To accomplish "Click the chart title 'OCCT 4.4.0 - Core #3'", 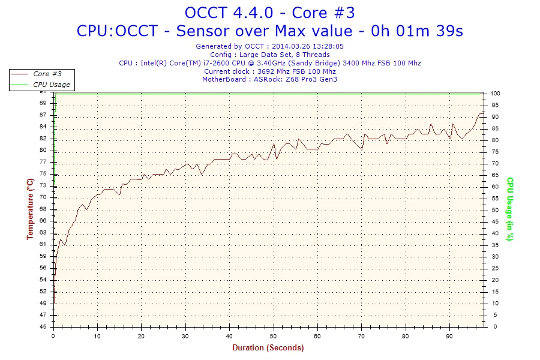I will pos(269,12).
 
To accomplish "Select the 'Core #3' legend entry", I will pos(47,74).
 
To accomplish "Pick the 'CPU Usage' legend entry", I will pos(51,85).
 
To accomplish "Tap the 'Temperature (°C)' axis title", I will pos(29,209).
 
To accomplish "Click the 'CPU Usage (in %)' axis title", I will pos(509,209).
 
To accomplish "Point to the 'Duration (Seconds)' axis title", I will pos(268,347).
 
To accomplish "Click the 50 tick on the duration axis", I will pos(274,335).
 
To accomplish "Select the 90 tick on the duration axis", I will pos(449,335).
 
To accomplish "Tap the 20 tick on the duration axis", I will pos(142,335).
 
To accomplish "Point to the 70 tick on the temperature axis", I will pos(43,198).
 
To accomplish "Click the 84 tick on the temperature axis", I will pos(43,126).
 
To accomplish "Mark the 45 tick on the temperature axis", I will pos(43,327).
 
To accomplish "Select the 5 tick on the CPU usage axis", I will pos(493,315).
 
